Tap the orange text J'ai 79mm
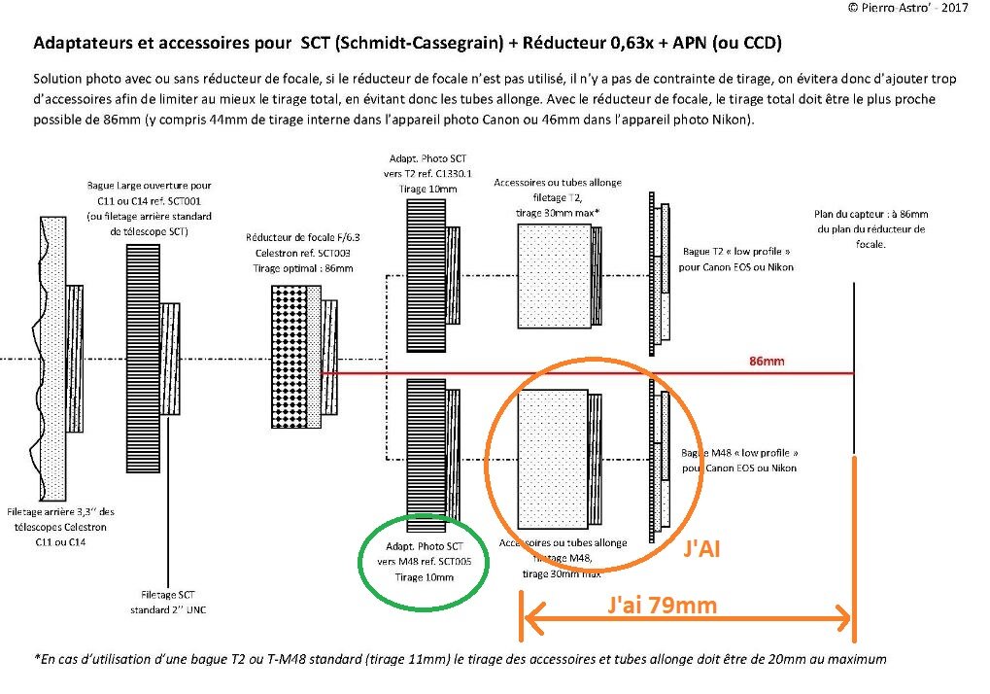point(663,606)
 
